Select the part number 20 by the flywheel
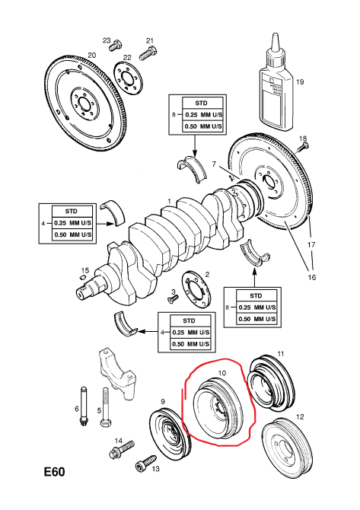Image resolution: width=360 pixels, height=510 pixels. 91,56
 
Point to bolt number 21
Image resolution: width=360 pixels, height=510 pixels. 151,52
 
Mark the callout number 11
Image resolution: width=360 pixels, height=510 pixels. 281,354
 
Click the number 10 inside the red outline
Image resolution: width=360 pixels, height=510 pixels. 222,372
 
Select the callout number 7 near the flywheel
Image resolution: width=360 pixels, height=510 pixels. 214,164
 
